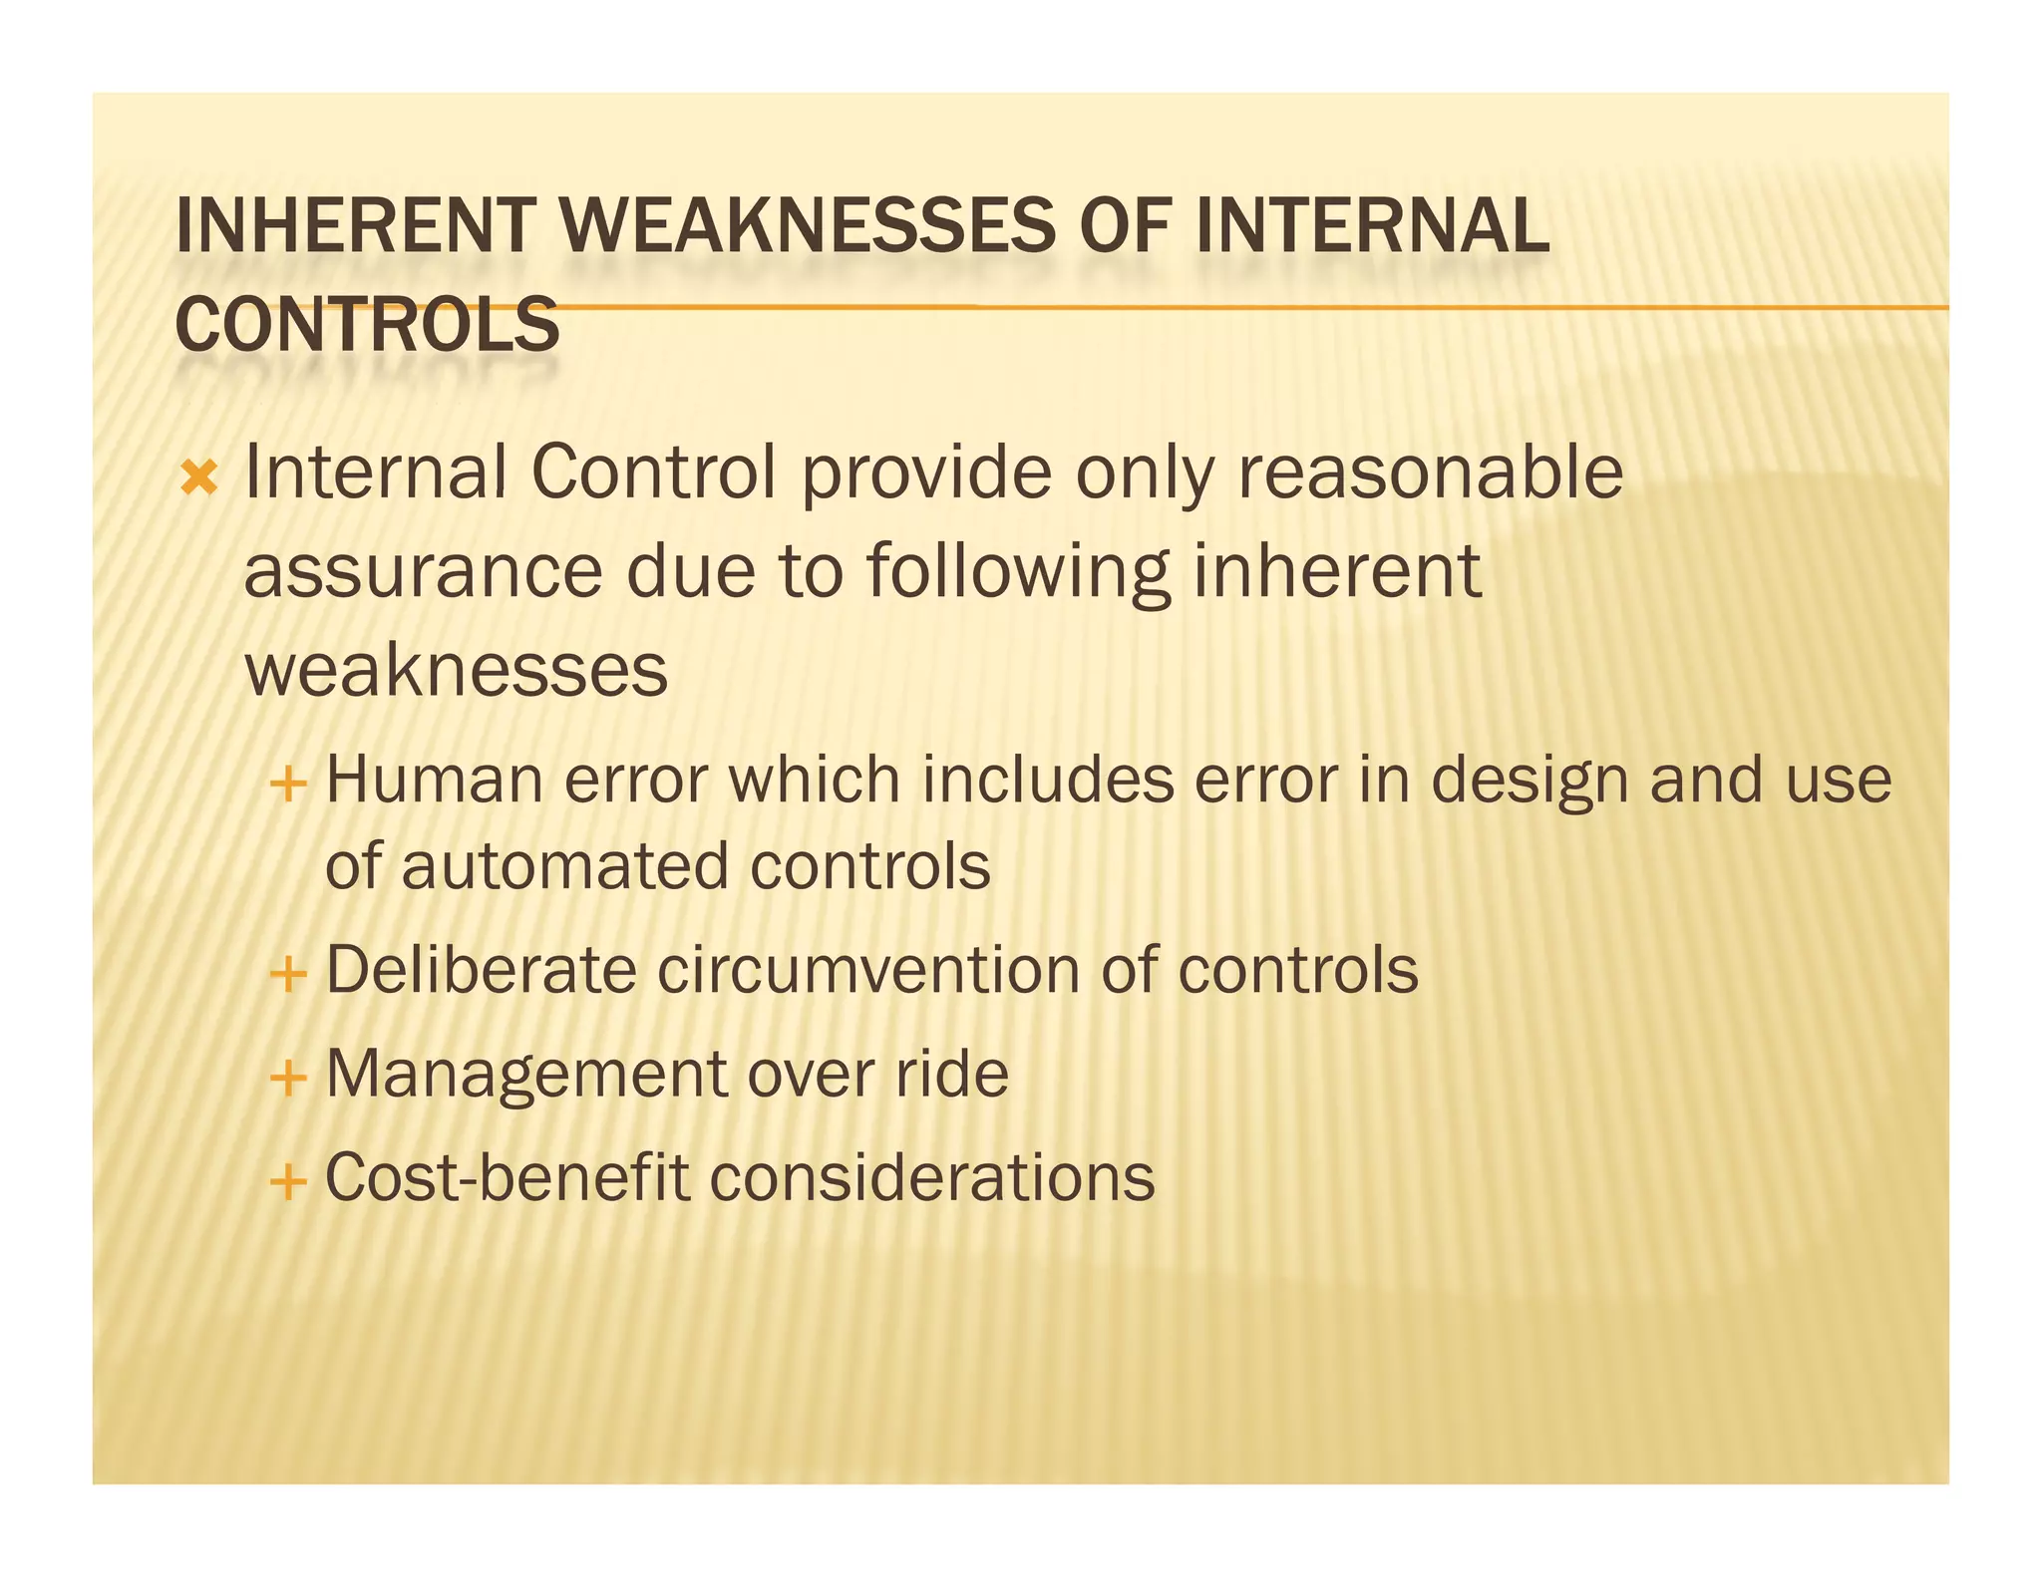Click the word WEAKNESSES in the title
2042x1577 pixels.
click(808, 226)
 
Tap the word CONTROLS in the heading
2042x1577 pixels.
click(367, 325)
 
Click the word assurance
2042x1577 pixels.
click(423, 572)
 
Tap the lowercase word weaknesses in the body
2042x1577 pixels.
click(456, 671)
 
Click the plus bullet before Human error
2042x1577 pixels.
click(287, 785)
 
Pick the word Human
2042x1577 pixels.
click(434, 781)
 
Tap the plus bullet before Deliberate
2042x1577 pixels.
click(287, 974)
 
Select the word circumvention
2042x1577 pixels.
click(867, 970)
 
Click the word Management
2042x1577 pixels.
click(526, 1075)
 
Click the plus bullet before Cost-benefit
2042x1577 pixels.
click(287, 1183)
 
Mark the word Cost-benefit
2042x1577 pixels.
click(507, 1178)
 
